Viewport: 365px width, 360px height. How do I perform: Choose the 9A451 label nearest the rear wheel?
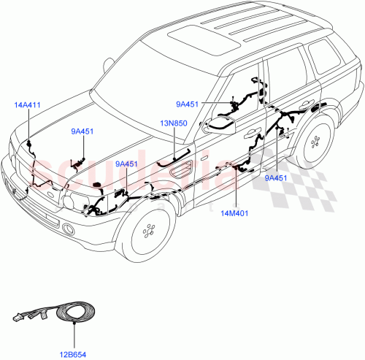(277, 177)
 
